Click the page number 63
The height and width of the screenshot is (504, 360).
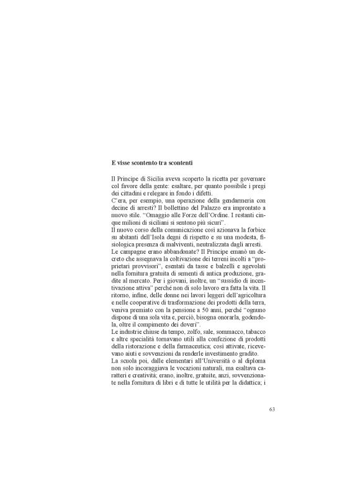(x=272, y=409)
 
